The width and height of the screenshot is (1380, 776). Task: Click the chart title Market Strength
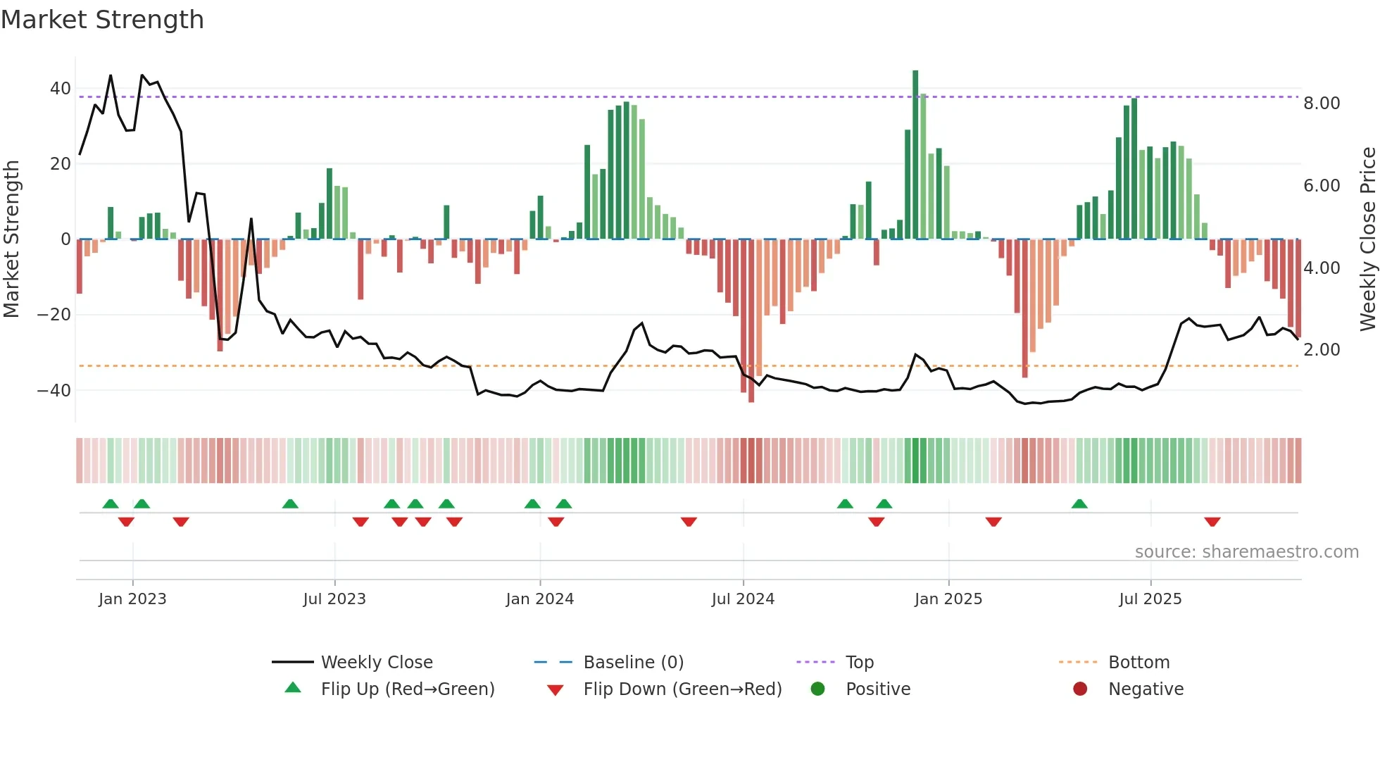click(102, 20)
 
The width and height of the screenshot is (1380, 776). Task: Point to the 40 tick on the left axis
click(60, 89)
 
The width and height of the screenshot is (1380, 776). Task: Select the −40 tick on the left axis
click(54, 390)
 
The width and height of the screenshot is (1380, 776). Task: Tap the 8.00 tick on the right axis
click(1322, 104)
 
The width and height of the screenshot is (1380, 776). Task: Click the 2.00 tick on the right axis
click(1322, 350)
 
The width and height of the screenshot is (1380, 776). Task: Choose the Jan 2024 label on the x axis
click(539, 599)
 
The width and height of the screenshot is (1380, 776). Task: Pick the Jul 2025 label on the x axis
click(1150, 599)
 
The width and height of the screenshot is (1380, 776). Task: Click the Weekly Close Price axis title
click(1367, 239)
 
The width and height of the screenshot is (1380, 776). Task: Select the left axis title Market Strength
click(11, 239)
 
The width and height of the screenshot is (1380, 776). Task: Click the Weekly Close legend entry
click(377, 663)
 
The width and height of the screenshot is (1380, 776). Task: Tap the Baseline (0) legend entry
click(633, 663)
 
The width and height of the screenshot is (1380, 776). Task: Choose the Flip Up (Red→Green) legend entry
click(407, 689)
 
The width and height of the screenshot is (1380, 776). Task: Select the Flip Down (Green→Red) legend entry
click(682, 689)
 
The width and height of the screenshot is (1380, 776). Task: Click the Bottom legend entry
click(1138, 663)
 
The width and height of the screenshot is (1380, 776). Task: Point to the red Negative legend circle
click(1080, 689)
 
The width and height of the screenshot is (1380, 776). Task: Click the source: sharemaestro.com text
click(1246, 552)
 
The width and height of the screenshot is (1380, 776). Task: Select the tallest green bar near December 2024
click(915, 155)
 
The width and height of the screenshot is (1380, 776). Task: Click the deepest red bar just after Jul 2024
click(751, 320)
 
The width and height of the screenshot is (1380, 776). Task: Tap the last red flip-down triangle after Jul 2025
click(1212, 522)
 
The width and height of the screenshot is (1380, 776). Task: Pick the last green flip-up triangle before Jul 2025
click(1079, 503)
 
